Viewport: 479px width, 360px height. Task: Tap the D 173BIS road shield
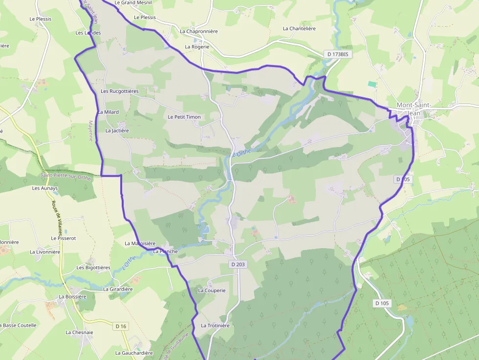click(338, 54)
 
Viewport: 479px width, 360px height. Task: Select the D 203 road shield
click(238, 264)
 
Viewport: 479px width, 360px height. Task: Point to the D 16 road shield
click(121, 326)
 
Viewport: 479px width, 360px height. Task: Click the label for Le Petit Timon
click(184, 117)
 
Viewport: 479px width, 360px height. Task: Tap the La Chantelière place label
click(299, 29)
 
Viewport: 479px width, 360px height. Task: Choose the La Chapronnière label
click(198, 31)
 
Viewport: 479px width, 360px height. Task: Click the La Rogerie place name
click(197, 47)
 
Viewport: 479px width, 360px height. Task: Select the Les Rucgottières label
click(120, 91)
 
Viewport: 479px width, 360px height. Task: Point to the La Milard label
click(108, 112)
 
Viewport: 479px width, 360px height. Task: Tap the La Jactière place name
click(117, 131)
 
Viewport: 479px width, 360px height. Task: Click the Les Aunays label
click(45, 188)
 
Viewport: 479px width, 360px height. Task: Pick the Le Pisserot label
click(64, 238)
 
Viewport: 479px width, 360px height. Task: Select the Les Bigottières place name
click(93, 268)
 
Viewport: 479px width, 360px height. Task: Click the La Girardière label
click(118, 289)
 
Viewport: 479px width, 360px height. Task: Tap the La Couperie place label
click(212, 290)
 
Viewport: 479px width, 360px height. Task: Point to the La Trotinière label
click(215, 326)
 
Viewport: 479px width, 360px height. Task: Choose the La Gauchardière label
click(134, 353)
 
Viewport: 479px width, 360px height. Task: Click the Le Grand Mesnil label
click(133, 2)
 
